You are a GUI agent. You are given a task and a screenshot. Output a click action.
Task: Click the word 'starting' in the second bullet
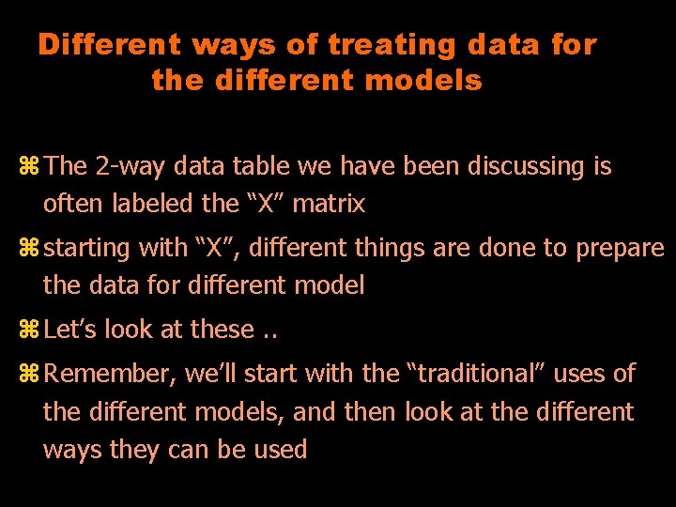[x=89, y=249]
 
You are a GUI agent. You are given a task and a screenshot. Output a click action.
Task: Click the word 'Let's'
[x=70, y=330]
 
